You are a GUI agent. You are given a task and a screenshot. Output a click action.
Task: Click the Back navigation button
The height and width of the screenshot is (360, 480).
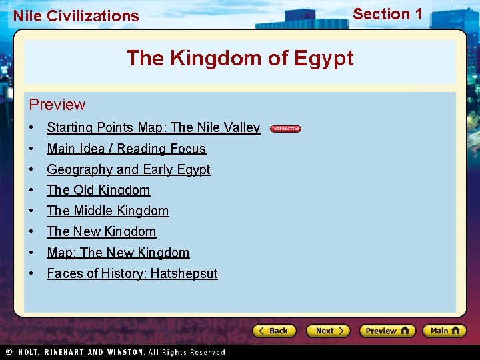pyautogui.click(x=274, y=331)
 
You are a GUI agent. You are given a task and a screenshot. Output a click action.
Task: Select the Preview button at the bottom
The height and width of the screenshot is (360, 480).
pyautogui.click(x=387, y=331)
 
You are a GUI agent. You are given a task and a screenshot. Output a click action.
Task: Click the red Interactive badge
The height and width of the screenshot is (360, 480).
pyautogui.click(x=286, y=129)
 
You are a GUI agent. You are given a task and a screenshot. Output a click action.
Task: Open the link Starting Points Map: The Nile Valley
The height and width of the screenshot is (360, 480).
pyautogui.click(x=153, y=127)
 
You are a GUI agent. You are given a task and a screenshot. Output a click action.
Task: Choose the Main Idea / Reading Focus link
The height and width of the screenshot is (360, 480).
pyautogui.click(x=126, y=149)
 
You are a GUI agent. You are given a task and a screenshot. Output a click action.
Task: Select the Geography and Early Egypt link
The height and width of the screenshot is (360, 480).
pyautogui.click(x=128, y=169)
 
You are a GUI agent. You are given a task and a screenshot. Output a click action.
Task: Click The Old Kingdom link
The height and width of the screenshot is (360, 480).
pyautogui.click(x=98, y=190)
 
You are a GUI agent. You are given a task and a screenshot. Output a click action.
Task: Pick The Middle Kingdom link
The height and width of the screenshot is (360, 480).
pyautogui.click(x=107, y=211)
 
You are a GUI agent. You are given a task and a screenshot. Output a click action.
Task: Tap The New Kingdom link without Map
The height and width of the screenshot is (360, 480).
pyautogui.click(x=101, y=231)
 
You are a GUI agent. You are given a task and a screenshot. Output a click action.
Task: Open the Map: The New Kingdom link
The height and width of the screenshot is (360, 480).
pyautogui.click(x=118, y=253)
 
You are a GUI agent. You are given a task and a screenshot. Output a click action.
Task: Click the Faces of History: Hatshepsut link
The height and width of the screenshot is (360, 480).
pyautogui.click(x=132, y=273)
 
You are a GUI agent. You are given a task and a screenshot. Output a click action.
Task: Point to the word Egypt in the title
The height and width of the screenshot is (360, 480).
pyautogui.click(x=322, y=59)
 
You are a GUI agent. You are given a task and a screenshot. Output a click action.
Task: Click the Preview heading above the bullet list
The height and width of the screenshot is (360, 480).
pyautogui.click(x=57, y=105)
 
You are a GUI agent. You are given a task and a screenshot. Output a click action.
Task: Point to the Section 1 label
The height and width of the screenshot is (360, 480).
pyautogui.click(x=387, y=14)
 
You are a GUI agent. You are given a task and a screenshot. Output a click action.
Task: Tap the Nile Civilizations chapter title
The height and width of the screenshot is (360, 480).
pyautogui.click(x=76, y=16)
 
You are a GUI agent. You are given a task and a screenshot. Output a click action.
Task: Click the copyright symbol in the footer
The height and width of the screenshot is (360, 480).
pyautogui.click(x=9, y=352)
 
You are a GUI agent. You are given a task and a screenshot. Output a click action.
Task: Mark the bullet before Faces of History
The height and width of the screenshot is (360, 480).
pyautogui.click(x=32, y=273)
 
